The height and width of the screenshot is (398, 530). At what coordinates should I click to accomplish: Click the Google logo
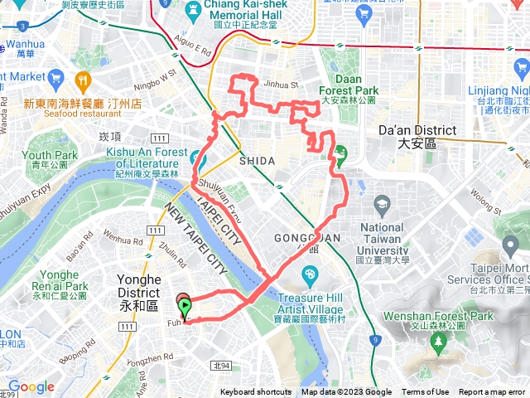[x=31, y=386]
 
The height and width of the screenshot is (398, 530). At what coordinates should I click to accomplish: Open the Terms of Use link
[x=426, y=392]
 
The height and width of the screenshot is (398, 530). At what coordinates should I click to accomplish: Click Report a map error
[x=492, y=392]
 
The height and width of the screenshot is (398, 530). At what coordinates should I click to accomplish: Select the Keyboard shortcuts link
[x=256, y=392]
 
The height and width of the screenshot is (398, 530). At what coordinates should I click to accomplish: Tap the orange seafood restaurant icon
[x=81, y=81]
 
